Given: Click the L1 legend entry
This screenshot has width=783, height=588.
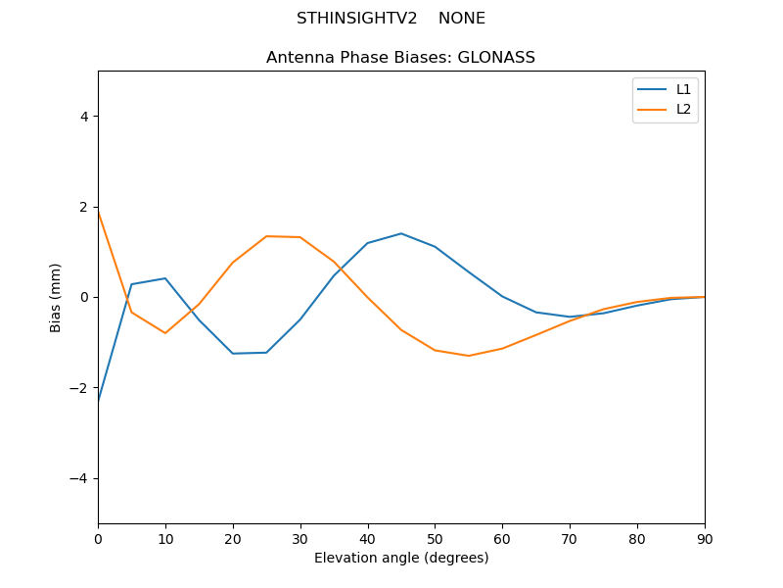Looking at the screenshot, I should click(x=683, y=89).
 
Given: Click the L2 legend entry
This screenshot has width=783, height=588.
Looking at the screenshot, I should click(x=683, y=109).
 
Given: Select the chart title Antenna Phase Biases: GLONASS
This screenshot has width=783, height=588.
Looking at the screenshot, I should click(x=400, y=58).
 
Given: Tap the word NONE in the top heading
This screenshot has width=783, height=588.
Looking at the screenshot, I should click(x=462, y=19).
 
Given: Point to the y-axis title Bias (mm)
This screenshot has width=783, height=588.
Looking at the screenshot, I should click(x=56, y=297).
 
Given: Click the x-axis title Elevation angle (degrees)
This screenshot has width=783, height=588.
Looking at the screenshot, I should click(x=400, y=559).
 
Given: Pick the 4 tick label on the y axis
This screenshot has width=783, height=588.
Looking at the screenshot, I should click(x=83, y=117).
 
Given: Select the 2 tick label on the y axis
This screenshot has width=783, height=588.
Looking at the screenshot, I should click(x=83, y=207).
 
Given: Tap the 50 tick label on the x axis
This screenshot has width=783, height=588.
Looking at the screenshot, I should click(x=435, y=538).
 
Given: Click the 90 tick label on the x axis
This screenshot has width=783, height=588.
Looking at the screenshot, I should click(x=704, y=538).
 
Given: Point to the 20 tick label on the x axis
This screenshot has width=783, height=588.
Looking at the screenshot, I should click(x=233, y=538).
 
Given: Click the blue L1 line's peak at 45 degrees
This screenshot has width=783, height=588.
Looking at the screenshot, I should click(x=401, y=233).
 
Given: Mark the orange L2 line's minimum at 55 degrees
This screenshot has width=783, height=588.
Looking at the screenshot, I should click(x=469, y=356).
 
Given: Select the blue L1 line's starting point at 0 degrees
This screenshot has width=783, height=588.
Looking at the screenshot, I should click(x=99, y=399).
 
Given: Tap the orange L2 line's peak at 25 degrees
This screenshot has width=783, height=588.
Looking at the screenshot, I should click(x=266, y=236).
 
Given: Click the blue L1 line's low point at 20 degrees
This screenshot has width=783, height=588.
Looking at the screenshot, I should click(x=233, y=354).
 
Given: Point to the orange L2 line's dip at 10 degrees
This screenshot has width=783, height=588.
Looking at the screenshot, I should click(x=165, y=333).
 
